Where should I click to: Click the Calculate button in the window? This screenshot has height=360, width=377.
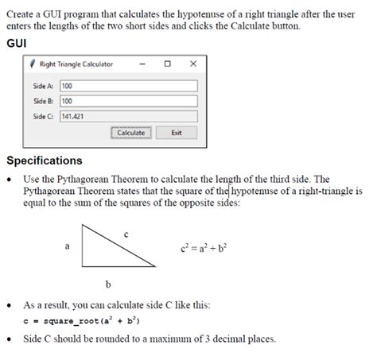[131, 134]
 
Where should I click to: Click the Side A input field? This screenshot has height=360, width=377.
[128, 86]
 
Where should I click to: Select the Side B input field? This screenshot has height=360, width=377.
[128, 101]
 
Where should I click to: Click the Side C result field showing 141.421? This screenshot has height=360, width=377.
[128, 117]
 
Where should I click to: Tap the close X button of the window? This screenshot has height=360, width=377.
[193, 64]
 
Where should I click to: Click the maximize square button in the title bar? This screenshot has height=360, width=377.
[167, 64]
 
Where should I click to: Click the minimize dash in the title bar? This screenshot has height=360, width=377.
[142, 64]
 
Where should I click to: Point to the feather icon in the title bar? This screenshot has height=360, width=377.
[31, 64]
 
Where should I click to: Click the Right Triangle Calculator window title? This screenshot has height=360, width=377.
[76, 64]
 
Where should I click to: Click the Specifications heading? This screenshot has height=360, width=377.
[45, 161]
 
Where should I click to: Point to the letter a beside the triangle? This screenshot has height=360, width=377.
[67, 247]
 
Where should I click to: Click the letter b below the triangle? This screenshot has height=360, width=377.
[109, 285]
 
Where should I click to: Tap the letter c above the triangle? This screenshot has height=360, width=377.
[126, 232]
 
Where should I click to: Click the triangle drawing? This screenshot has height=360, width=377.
[107, 250]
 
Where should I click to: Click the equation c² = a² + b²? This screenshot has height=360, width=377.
[204, 248]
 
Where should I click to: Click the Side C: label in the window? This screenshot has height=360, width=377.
[43, 117]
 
